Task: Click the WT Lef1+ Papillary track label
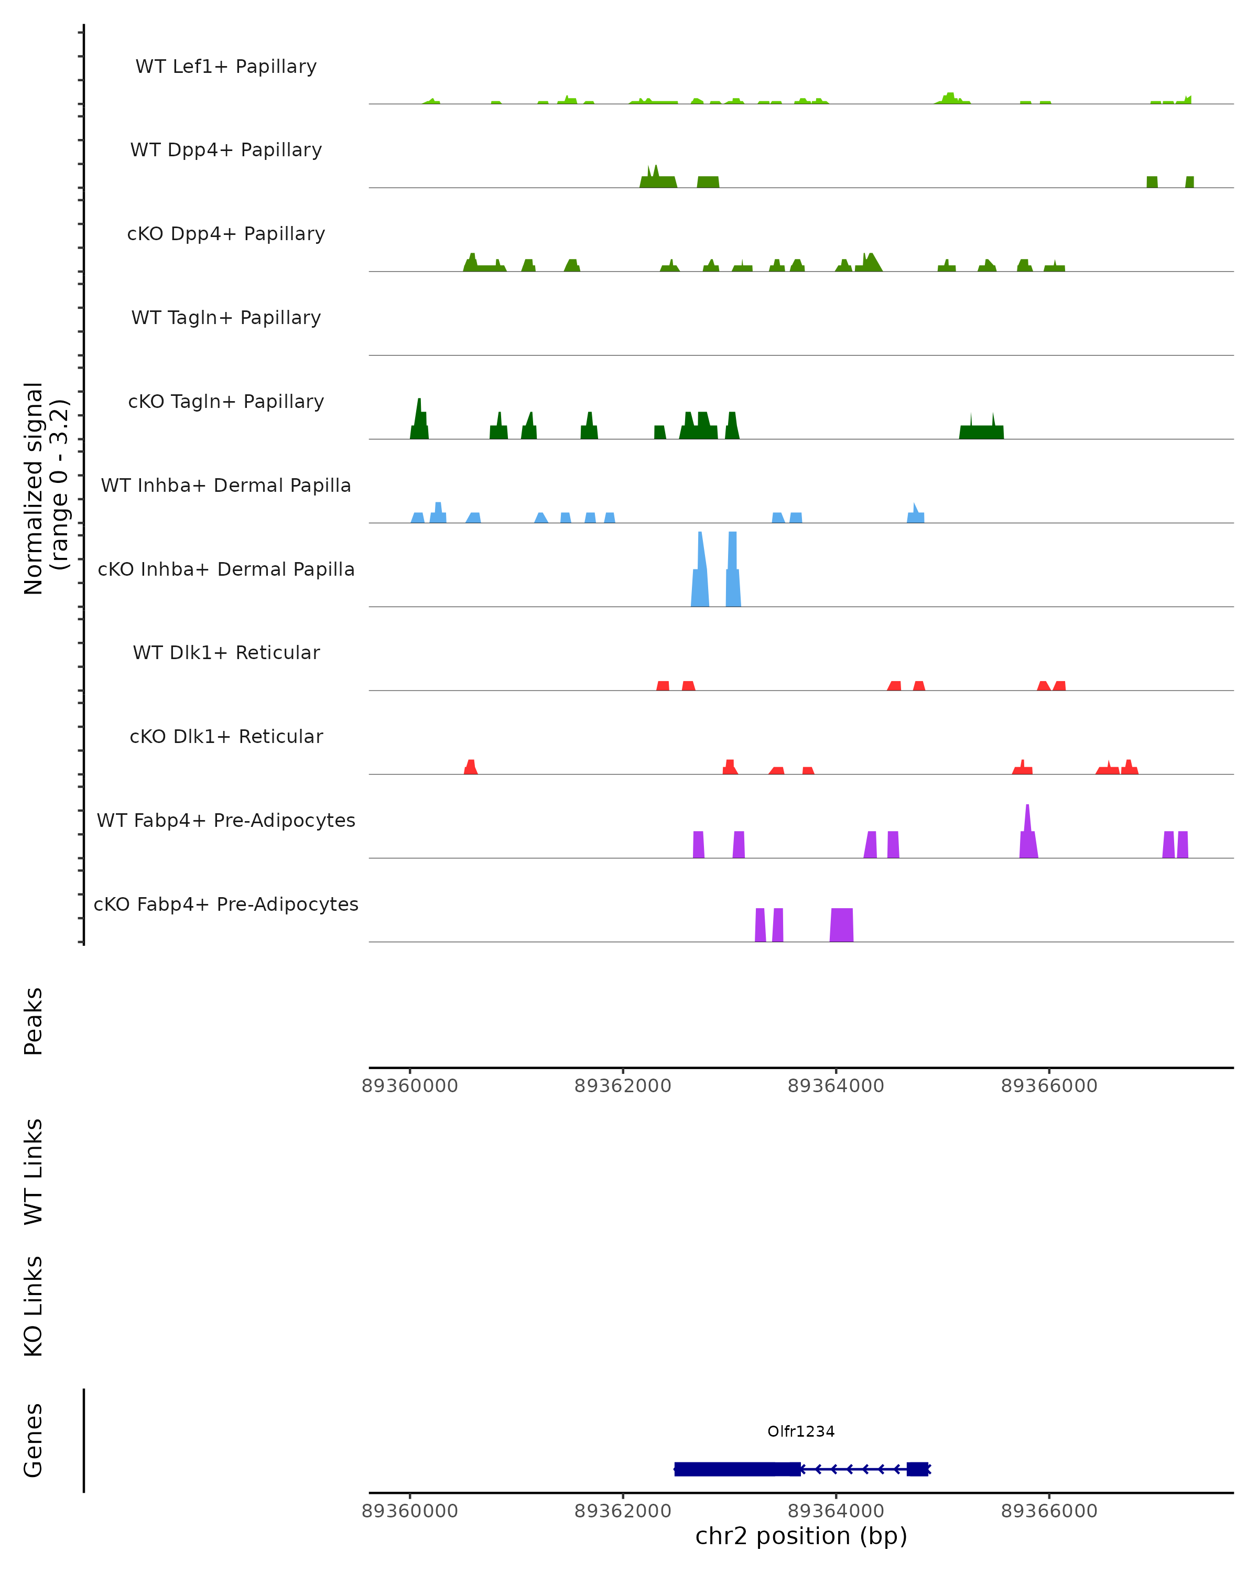[x=226, y=67]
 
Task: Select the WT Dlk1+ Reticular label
[x=226, y=652]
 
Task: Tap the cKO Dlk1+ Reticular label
[x=226, y=736]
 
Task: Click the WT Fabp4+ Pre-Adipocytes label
[x=226, y=820]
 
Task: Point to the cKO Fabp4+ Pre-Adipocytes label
[x=226, y=904]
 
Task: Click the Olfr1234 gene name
[x=801, y=1431]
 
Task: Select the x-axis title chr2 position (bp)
[x=801, y=1536]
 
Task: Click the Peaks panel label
[x=34, y=1021]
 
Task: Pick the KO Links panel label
[x=34, y=1306]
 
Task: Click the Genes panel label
[x=34, y=1440]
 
